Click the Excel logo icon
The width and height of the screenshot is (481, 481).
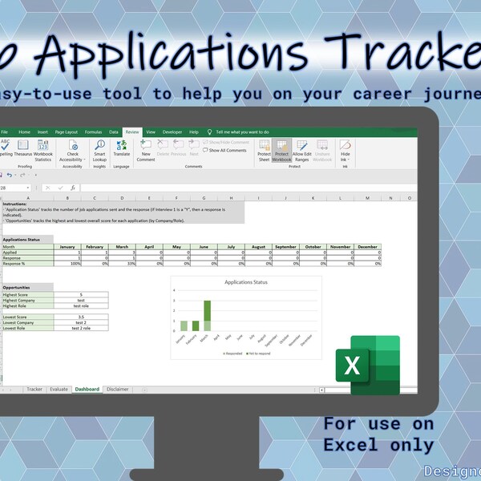[x=367, y=366]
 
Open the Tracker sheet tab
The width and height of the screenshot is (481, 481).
[x=34, y=389]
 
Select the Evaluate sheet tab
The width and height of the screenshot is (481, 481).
[x=59, y=389]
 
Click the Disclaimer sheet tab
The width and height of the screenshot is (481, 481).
[x=117, y=389]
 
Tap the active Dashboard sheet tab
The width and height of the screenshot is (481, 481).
[x=87, y=389]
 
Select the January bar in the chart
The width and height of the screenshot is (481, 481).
[x=184, y=325]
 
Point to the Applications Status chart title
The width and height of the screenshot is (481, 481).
[x=247, y=282]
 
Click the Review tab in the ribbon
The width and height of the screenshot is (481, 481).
[x=131, y=131]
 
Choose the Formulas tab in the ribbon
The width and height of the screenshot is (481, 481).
[x=93, y=131]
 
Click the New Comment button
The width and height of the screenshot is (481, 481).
[x=146, y=151]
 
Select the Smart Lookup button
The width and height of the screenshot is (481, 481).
[x=99, y=151]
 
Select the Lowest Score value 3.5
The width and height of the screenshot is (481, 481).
[x=80, y=317]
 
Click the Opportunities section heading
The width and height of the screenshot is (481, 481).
[x=17, y=286]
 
